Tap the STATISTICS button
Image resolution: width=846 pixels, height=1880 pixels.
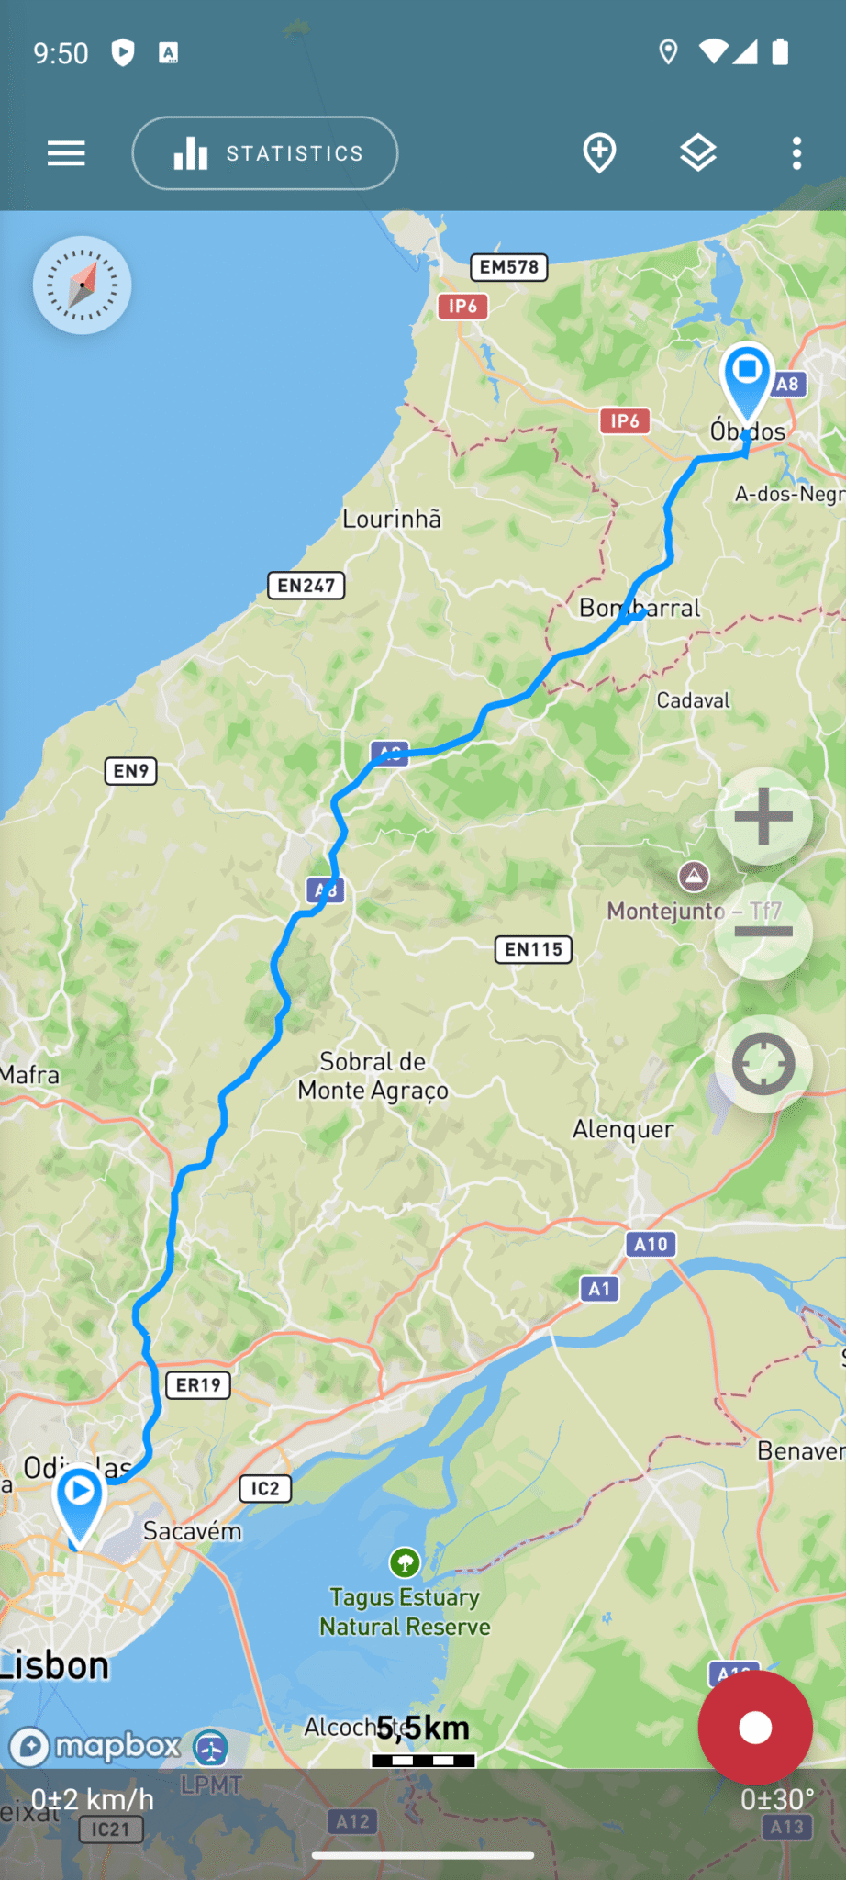[265, 153]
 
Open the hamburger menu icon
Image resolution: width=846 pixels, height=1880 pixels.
[66, 153]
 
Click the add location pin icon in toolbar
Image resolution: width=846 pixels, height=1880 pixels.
[599, 152]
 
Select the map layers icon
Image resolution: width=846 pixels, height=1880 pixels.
[697, 152]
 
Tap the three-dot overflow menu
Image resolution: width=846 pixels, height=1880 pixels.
[796, 153]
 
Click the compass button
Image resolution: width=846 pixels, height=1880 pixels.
[83, 285]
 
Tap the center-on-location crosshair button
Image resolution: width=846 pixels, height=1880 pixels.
[763, 1064]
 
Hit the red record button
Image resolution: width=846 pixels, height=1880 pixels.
[754, 1728]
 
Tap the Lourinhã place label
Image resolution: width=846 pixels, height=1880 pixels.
[392, 520]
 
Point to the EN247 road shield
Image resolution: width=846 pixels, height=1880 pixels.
[306, 586]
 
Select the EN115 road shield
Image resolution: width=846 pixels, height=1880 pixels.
[533, 949]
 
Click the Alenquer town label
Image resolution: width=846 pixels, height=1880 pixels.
[623, 1129]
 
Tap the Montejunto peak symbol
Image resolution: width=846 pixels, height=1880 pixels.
[694, 877]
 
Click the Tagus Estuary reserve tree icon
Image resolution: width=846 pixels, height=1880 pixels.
[405, 1561]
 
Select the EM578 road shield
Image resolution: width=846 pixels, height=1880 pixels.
[509, 267]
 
